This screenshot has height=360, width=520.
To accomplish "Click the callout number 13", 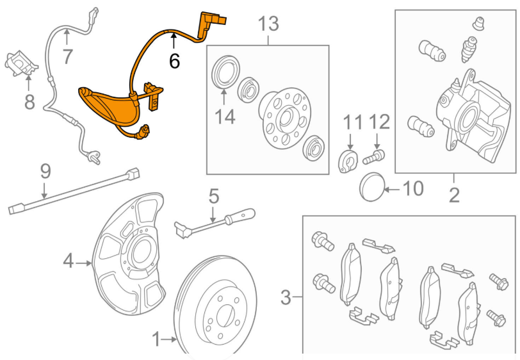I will pyautogui.click(x=268, y=24).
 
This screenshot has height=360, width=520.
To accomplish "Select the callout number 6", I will pyautogui.click(x=174, y=61).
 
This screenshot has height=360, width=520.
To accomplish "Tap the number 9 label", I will pyautogui.click(x=45, y=171).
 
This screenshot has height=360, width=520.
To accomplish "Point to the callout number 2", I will pyautogui.click(x=454, y=194).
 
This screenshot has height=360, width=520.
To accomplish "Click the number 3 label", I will pyautogui.click(x=286, y=297).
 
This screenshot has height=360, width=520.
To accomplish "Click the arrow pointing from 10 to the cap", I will pyautogui.click(x=392, y=189).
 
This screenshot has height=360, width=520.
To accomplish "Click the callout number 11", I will pyautogui.click(x=352, y=121).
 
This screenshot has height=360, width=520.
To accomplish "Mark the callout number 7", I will pyautogui.click(x=67, y=56).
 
